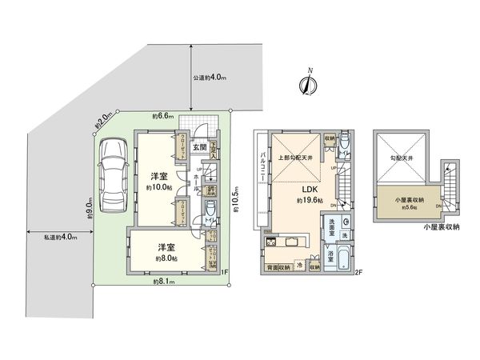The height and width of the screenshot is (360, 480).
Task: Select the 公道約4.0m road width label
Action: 210,78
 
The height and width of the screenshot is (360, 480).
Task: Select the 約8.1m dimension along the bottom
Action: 164,282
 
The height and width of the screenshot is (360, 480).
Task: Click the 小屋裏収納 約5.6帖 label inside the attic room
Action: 408,201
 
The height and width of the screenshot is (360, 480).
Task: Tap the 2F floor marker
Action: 358,275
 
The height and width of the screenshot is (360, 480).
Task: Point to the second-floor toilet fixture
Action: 343,142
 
